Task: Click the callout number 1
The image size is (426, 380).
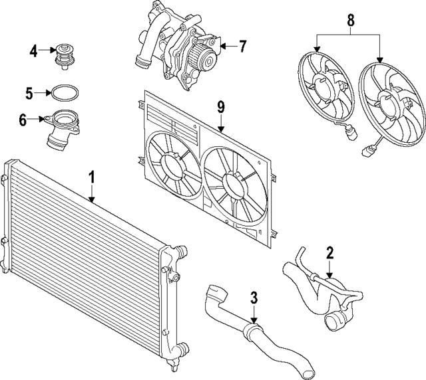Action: pyautogui.click(x=92, y=177)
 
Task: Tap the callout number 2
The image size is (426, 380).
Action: pyautogui.click(x=329, y=252)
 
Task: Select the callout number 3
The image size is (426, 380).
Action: pyautogui.click(x=254, y=298)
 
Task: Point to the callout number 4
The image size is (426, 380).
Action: pyautogui.click(x=33, y=50)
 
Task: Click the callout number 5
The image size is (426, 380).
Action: pyautogui.click(x=29, y=92)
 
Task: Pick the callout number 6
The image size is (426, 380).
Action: pyautogui.click(x=23, y=120)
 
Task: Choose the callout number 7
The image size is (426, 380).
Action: pyautogui.click(x=242, y=47)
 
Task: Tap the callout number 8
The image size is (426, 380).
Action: pyautogui.click(x=349, y=21)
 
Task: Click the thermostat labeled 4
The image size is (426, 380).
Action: pyautogui.click(x=65, y=56)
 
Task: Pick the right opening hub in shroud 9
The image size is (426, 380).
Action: pyautogui.click(x=234, y=182)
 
